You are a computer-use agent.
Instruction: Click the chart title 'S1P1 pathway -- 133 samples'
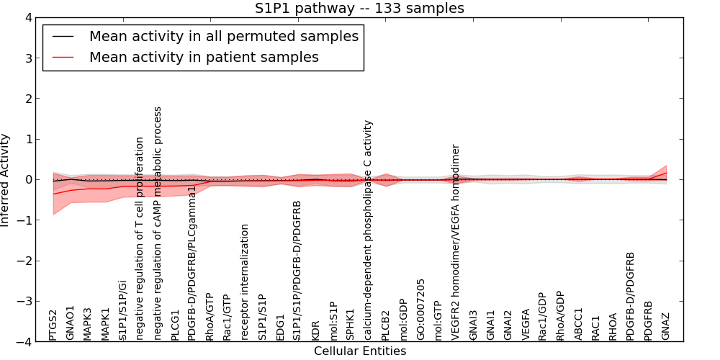point(359,9)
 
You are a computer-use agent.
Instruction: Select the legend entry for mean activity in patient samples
point(203,57)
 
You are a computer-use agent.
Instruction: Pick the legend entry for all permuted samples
point(223,36)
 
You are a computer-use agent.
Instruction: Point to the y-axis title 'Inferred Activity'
point(6,180)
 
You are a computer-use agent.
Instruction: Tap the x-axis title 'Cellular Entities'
point(359,351)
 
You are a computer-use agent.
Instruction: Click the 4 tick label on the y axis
point(28,17)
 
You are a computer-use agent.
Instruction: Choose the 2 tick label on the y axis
point(28,99)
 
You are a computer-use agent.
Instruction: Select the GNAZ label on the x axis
point(666,326)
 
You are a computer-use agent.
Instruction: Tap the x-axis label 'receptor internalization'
point(246,282)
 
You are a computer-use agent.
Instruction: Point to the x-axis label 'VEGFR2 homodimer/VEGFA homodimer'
point(456,243)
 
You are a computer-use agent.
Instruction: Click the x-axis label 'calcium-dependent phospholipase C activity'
point(368,230)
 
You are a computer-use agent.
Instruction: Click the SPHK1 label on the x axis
point(351,325)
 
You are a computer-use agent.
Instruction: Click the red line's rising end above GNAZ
point(665,173)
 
